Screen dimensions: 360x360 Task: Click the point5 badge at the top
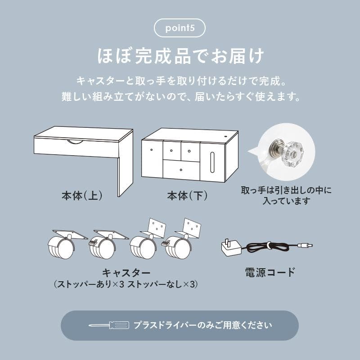[x=180, y=28]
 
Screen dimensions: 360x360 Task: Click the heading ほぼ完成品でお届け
[x=180, y=57]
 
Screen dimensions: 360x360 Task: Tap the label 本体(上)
[x=82, y=196]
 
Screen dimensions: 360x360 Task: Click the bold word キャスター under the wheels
[x=126, y=273]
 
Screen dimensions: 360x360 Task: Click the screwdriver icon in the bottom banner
[x=108, y=325]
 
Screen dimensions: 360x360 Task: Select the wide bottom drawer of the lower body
[x=181, y=170]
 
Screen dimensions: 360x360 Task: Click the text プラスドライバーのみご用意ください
[x=202, y=325]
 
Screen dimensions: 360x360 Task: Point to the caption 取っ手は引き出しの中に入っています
[x=286, y=196]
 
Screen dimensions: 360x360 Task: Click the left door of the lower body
[x=152, y=160]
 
